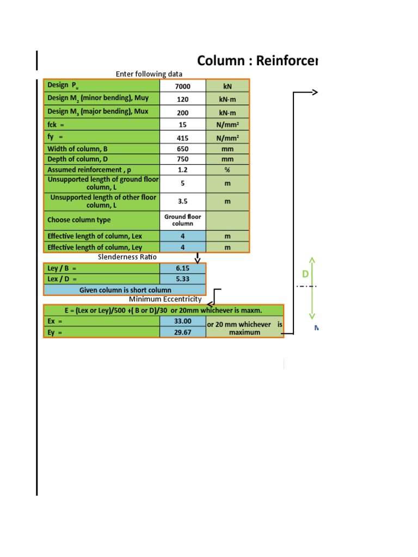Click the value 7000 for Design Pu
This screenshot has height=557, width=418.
click(x=183, y=86)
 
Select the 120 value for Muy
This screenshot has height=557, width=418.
click(x=183, y=100)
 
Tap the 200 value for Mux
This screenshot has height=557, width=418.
click(x=183, y=113)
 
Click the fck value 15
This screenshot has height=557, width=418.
click(x=183, y=125)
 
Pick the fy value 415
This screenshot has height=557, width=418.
click(x=183, y=138)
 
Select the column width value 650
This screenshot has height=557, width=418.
click(x=183, y=148)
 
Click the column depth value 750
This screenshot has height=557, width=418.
click(x=183, y=159)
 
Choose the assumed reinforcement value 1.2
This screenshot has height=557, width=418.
click(x=183, y=170)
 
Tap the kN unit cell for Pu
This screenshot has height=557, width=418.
click(x=228, y=86)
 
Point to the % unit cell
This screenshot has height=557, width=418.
click(x=228, y=170)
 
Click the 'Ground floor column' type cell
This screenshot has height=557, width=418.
click(x=183, y=220)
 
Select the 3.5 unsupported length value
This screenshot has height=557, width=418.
click(x=183, y=201)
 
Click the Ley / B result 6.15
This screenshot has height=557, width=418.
click(x=183, y=268)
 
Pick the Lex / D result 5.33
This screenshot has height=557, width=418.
click(x=183, y=279)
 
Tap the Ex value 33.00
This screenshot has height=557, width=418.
click(x=183, y=321)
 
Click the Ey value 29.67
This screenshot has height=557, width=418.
click(x=183, y=332)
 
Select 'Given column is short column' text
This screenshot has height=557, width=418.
click(x=125, y=290)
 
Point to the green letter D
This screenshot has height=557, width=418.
click(x=305, y=274)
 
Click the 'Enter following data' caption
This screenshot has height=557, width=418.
click(x=149, y=74)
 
